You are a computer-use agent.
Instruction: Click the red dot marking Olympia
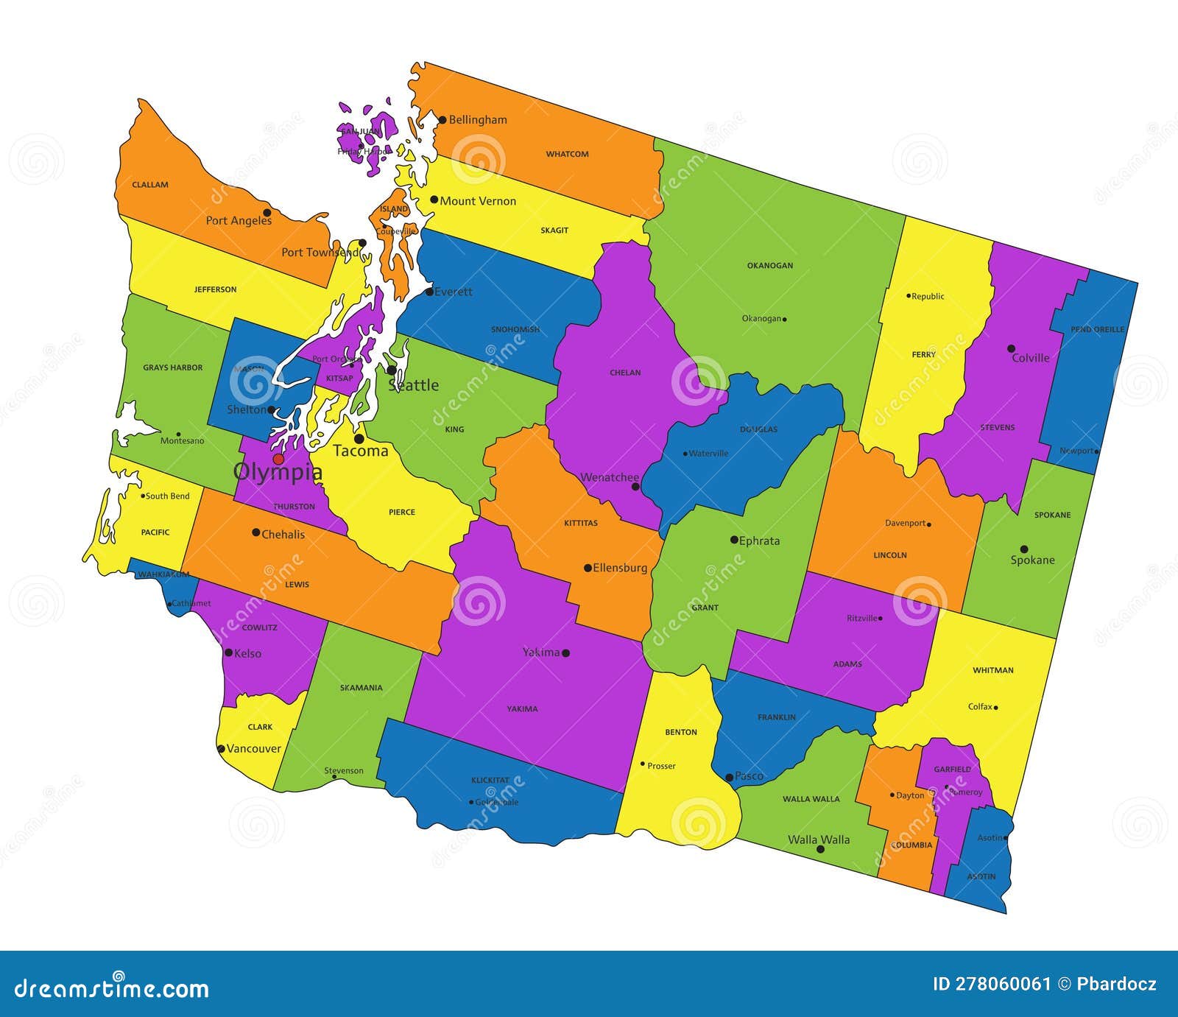tap(278, 459)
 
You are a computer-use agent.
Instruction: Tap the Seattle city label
tap(413, 385)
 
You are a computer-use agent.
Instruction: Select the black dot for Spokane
tap(1023, 549)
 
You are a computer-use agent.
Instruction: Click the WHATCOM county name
tap(567, 154)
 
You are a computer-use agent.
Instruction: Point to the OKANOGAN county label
tap(770, 265)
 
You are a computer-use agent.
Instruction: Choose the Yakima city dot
tap(565, 652)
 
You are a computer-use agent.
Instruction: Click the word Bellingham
tap(477, 119)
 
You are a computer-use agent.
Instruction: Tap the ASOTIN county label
tap(981, 876)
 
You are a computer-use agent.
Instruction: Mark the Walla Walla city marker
tap(820, 849)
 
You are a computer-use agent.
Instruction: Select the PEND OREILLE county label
tap(1097, 329)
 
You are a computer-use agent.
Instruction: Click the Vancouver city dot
tap(221, 749)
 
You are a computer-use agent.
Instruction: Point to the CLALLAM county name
tap(150, 185)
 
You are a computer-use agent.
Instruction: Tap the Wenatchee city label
tap(609, 477)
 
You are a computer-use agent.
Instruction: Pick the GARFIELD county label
tap(952, 769)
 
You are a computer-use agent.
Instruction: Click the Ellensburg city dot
tap(588, 568)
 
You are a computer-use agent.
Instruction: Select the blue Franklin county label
tap(777, 717)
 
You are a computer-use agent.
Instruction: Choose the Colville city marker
tap(1011, 349)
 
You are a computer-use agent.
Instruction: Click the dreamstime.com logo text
tap(112, 988)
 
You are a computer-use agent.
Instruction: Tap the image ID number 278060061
tap(1002, 984)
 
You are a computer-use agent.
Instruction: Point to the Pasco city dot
tap(729, 777)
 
